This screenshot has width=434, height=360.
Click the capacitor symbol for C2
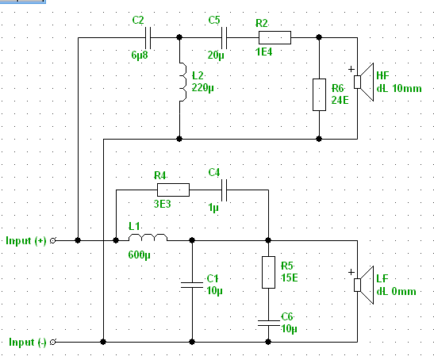click(x=148, y=38)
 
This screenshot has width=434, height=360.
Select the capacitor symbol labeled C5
click(x=225, y=38)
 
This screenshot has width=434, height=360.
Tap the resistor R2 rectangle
click(x=275, y=37)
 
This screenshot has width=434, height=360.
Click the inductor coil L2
click(x=182, y=82)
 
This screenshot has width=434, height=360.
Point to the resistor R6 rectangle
click(x=319, y=94)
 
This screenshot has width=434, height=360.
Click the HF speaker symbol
click(x=363, y=82)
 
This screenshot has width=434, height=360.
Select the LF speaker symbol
click(x=363, y=285)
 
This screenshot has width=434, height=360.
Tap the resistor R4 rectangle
click(x=173, y=190)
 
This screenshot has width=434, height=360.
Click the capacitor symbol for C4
click(x=225, y=190)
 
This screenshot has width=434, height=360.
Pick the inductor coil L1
click(x=148, y=237)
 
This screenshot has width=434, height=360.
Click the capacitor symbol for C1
click(x=192, y=285)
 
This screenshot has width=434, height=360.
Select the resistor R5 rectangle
click(x=268, y=272)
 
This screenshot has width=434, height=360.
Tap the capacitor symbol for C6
click(x=268, y=323)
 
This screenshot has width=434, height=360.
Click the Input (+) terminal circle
click(x=52, y=241)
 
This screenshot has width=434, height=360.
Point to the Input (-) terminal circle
click(x=52, y=343)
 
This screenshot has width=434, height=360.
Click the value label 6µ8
click(x=140, y=55)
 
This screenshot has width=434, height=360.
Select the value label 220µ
click(x=203, y=88)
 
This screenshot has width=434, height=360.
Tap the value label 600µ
click(x=139, y=255)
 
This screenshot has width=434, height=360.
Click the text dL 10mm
click(x=399, y=89)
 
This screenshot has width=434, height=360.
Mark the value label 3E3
click(x=162, y=205)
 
